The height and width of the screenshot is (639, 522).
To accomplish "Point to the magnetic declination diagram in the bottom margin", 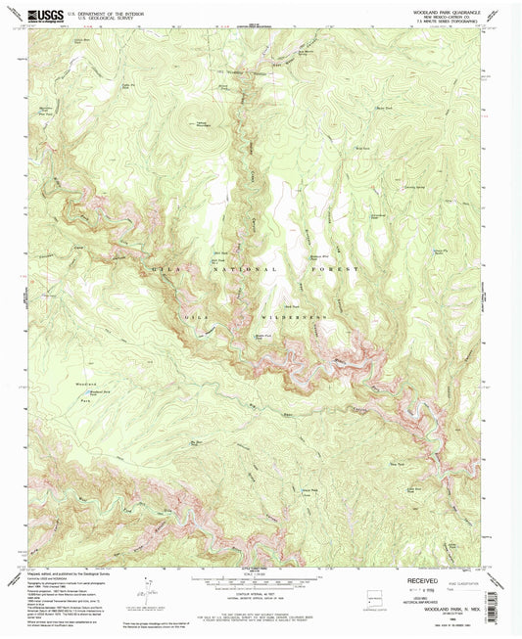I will (x=149, y=589).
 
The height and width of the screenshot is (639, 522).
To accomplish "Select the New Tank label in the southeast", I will (x=398, y=435).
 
